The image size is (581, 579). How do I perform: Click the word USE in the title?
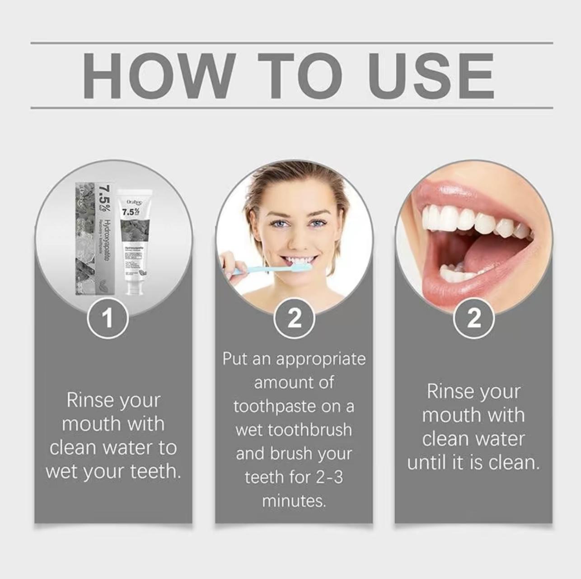[431, 75]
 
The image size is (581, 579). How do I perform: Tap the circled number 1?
[108, 319]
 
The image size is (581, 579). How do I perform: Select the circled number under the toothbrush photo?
[294, 319]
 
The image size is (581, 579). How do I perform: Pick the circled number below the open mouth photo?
[474, 319]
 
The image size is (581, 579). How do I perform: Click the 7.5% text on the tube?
[131, 212]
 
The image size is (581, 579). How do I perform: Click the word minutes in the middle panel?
[294, 501]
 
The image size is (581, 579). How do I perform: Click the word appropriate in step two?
[321, 359]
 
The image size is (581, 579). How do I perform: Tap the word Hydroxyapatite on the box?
[107, 239]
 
